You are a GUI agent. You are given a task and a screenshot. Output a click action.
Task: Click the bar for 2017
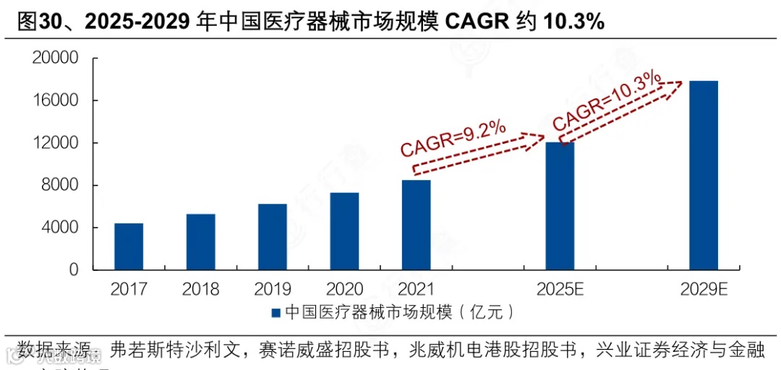(129, 246)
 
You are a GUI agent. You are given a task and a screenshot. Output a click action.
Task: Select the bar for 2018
(200, 242)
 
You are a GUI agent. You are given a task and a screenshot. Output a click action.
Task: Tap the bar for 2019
(272, 237)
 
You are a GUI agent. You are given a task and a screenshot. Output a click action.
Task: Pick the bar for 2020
(344, 231)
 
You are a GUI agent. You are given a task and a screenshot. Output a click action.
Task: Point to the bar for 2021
(416, 225)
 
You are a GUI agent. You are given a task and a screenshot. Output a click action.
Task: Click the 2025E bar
(560, 206)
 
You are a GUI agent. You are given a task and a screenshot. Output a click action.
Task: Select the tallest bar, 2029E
(703, 175)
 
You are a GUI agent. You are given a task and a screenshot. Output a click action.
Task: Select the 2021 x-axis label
(416, 289)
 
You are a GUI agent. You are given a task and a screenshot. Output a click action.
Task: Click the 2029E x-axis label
(704, 289)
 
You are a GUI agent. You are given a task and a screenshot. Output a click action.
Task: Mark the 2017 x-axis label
(129, 289)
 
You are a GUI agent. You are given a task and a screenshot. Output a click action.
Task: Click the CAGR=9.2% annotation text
(453, 138)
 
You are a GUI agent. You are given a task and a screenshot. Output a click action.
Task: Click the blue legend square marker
(276, 313)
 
